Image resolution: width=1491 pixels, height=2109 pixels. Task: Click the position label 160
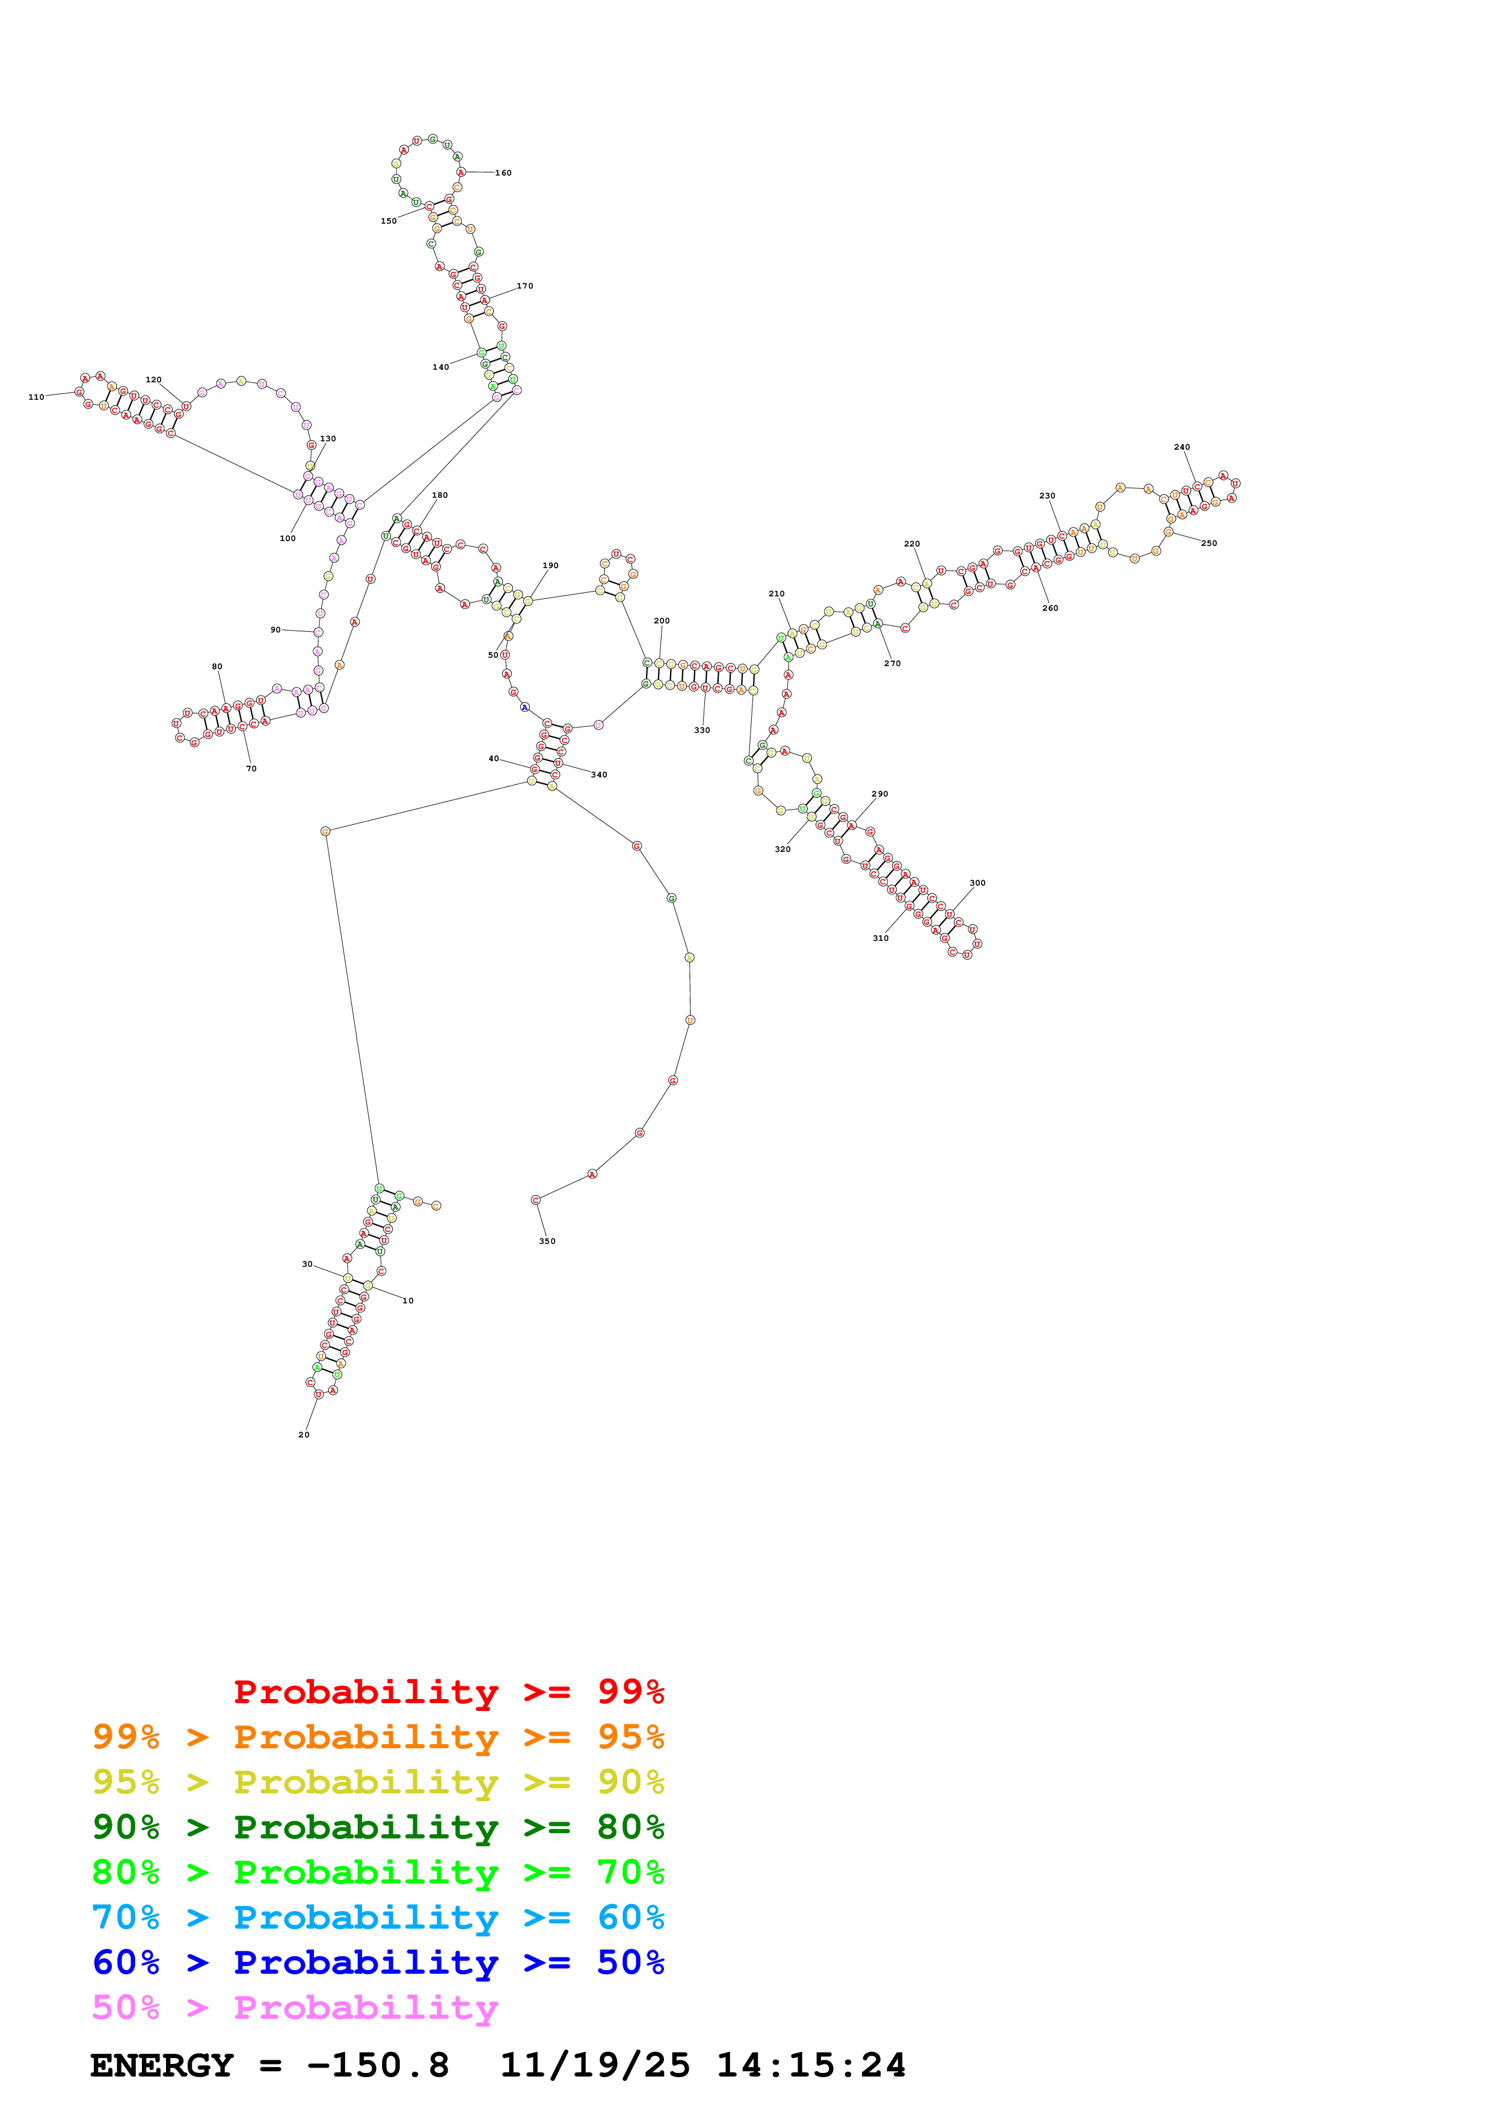(503, 173)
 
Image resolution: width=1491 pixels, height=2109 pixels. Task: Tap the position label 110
(36, 397)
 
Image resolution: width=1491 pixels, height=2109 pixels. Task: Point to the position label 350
(547, 1241)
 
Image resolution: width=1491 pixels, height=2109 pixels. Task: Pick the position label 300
(977, 883)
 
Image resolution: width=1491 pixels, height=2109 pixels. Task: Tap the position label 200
(662, 621)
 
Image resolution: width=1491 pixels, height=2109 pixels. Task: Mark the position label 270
(892, 663)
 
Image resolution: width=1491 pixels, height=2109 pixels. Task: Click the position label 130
(328, 438)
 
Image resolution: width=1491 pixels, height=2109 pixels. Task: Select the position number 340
(599, 774)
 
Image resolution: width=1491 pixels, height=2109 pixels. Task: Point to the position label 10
(408, 1300)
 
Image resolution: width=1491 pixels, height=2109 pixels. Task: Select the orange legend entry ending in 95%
(378, 1736)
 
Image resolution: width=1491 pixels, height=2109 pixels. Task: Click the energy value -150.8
(378, 2065)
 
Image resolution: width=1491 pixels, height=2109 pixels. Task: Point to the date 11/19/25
(594, 2065)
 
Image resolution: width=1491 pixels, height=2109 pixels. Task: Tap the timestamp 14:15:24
(811, 2065)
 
